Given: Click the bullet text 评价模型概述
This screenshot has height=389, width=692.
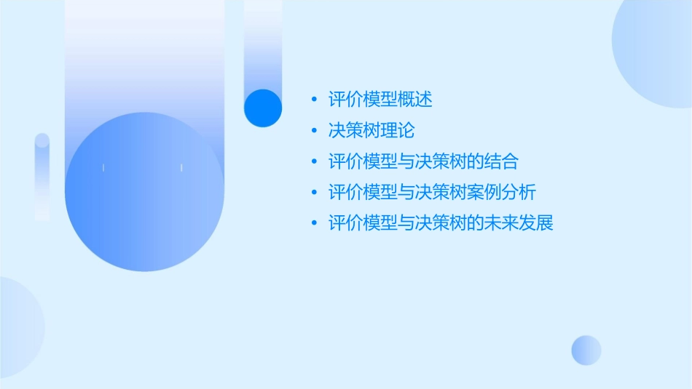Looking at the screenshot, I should pyautogui.click(x=380, y=100).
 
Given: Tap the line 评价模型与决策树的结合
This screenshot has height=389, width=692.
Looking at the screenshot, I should pyautogui.click(x=423, y=161).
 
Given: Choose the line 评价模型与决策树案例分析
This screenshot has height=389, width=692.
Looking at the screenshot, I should pyautogui.click(x=432, y=192).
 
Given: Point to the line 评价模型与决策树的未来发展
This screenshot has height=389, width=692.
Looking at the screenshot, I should pyautogui.click(x=441, y=222).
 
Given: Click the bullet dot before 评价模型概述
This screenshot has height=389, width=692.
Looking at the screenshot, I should pyautogui.click(x=314, y=100).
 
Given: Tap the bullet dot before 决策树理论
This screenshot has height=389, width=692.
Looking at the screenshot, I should pyautogui.click(x=314, y=131).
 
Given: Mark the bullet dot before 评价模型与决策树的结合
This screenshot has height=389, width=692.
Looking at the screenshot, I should pyautogui.click(x=314, y=161).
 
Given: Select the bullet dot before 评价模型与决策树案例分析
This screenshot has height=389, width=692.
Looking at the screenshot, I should pyautogui.click(x=314, y=192).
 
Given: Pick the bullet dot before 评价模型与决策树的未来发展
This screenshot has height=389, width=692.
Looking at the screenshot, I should pyautogui.click(x=314, y=222).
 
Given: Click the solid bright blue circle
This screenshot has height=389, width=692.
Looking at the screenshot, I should pyautogui.click(x=263, y=108).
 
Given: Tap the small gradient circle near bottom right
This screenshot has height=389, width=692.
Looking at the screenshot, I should pyautogui.click(x=586, y=350).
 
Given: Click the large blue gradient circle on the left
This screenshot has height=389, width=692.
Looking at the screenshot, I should pyautogui.click(x=144, y=192).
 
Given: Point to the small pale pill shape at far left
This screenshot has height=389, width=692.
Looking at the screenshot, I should pyautogui.click(x=42, y=177).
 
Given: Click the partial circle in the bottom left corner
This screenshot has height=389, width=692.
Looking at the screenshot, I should pyautogui.click(x=18, y=327).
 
